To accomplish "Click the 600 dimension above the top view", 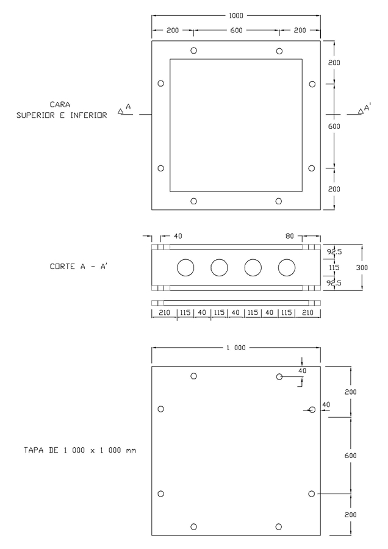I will tap(236, 30).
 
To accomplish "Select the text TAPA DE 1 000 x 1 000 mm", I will tap(80, 450).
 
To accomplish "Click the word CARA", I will tap(60, 104).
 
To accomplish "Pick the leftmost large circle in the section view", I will tap(185, 267).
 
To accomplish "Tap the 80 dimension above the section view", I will tap(290, 235).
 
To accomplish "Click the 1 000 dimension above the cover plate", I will tap(236, 348).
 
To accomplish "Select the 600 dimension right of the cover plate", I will tap(351, 456).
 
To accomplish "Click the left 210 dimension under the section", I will tap(164, 313).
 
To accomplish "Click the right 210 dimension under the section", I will tap(307, 313).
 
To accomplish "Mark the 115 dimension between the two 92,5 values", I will tap(334, 267).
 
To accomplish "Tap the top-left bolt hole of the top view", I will tap(193, 51).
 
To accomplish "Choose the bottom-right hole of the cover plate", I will tap(279, 526).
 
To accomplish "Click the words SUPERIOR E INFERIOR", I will tap(62, 115).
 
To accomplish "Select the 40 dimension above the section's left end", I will tap(178, 235).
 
